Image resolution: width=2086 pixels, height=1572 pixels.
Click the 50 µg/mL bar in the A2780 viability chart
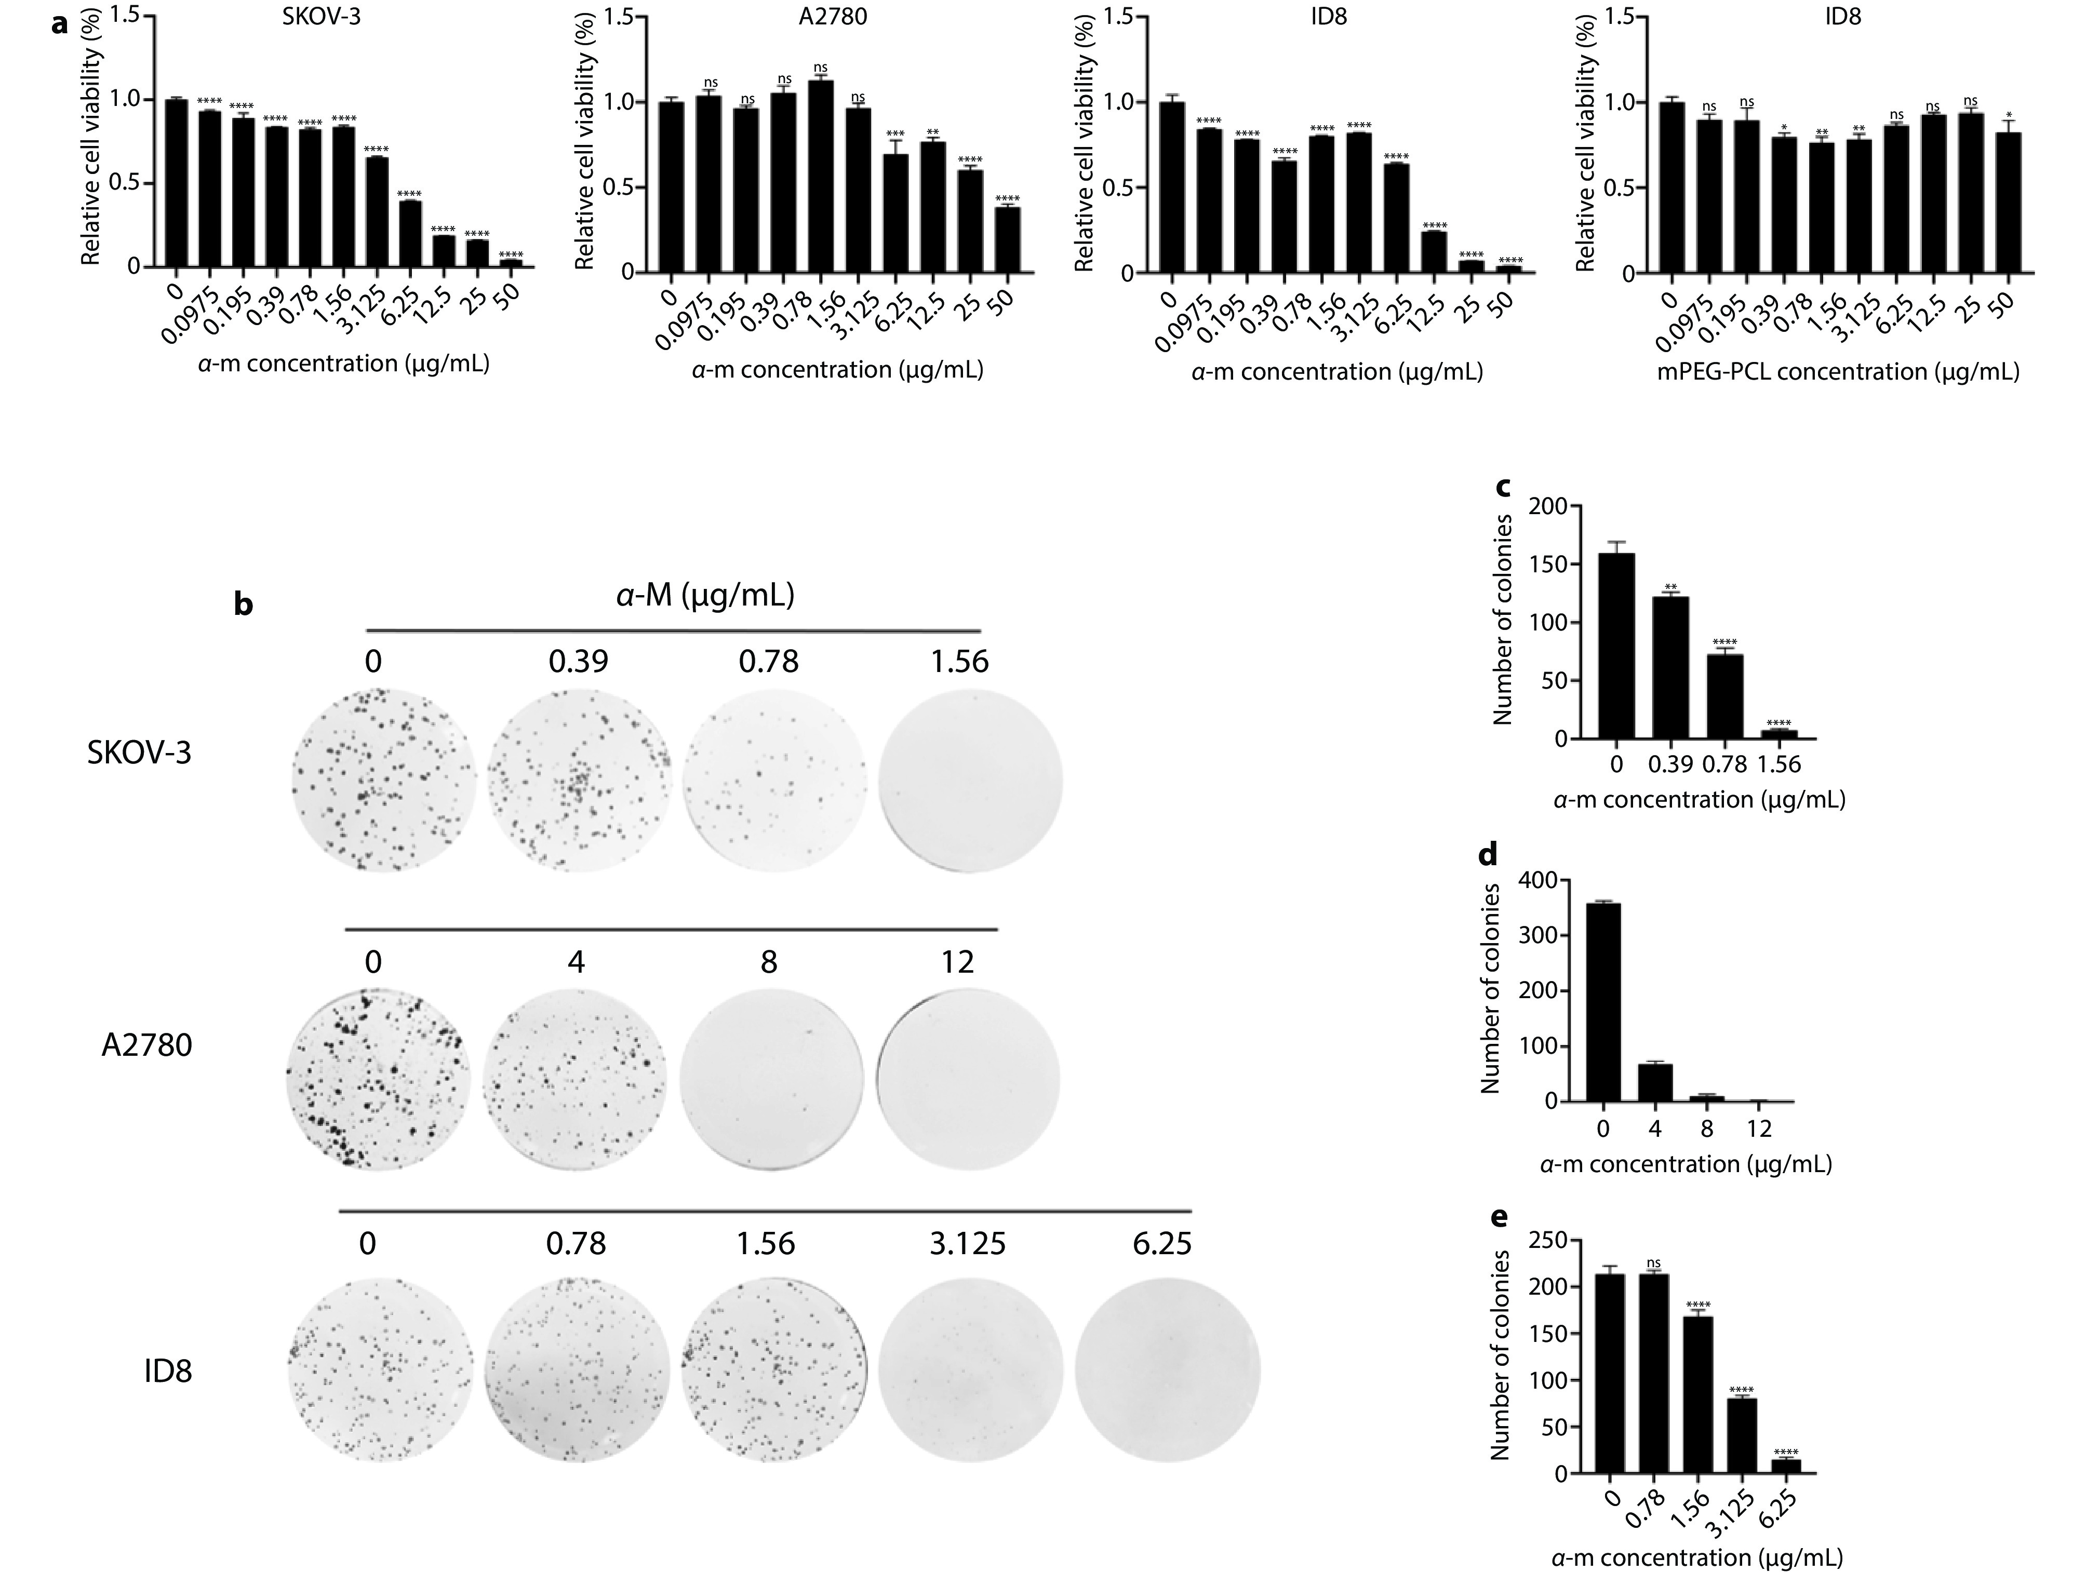1007,240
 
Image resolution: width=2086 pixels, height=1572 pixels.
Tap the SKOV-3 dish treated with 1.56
970,781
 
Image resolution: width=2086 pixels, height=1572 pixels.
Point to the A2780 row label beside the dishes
146,1045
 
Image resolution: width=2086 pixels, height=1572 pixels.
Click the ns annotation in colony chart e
1654,1264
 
